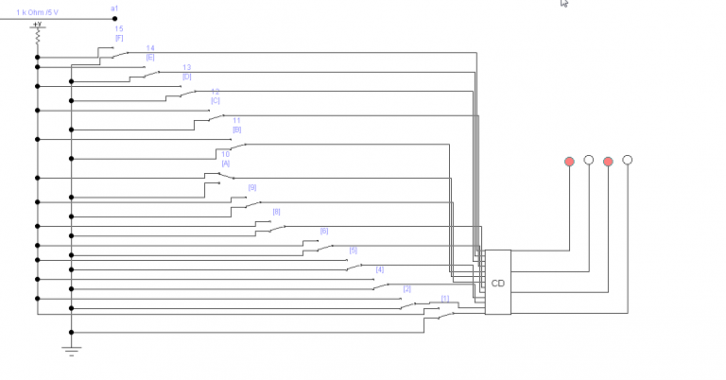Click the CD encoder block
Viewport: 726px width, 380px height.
click(497, 283)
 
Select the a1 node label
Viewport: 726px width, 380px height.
click(114, 8)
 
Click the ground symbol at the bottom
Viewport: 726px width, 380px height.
click(71, 349)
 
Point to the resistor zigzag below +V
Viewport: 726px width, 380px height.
click(38, 39)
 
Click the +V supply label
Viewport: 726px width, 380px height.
click(37, 25)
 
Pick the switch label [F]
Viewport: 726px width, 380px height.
click(119, 38)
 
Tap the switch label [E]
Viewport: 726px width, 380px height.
click(150, 57)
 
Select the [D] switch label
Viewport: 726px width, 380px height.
click(186, 77)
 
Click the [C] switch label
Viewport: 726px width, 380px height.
click(216, 100)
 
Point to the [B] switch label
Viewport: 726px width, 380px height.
click(236, 129)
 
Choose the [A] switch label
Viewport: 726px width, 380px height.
click(226, 163)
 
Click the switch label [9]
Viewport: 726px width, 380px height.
click(252, 187)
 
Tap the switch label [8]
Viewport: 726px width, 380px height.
click(277, 212)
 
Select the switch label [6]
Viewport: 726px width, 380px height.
click(324, 231)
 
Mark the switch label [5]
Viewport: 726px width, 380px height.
click(354, 250)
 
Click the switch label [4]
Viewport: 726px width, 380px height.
click(380, 269)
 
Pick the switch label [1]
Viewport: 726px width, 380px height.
click(445, 299)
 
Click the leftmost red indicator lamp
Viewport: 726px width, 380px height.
click(569, 162)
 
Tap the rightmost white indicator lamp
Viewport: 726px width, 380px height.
click(627, 161)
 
